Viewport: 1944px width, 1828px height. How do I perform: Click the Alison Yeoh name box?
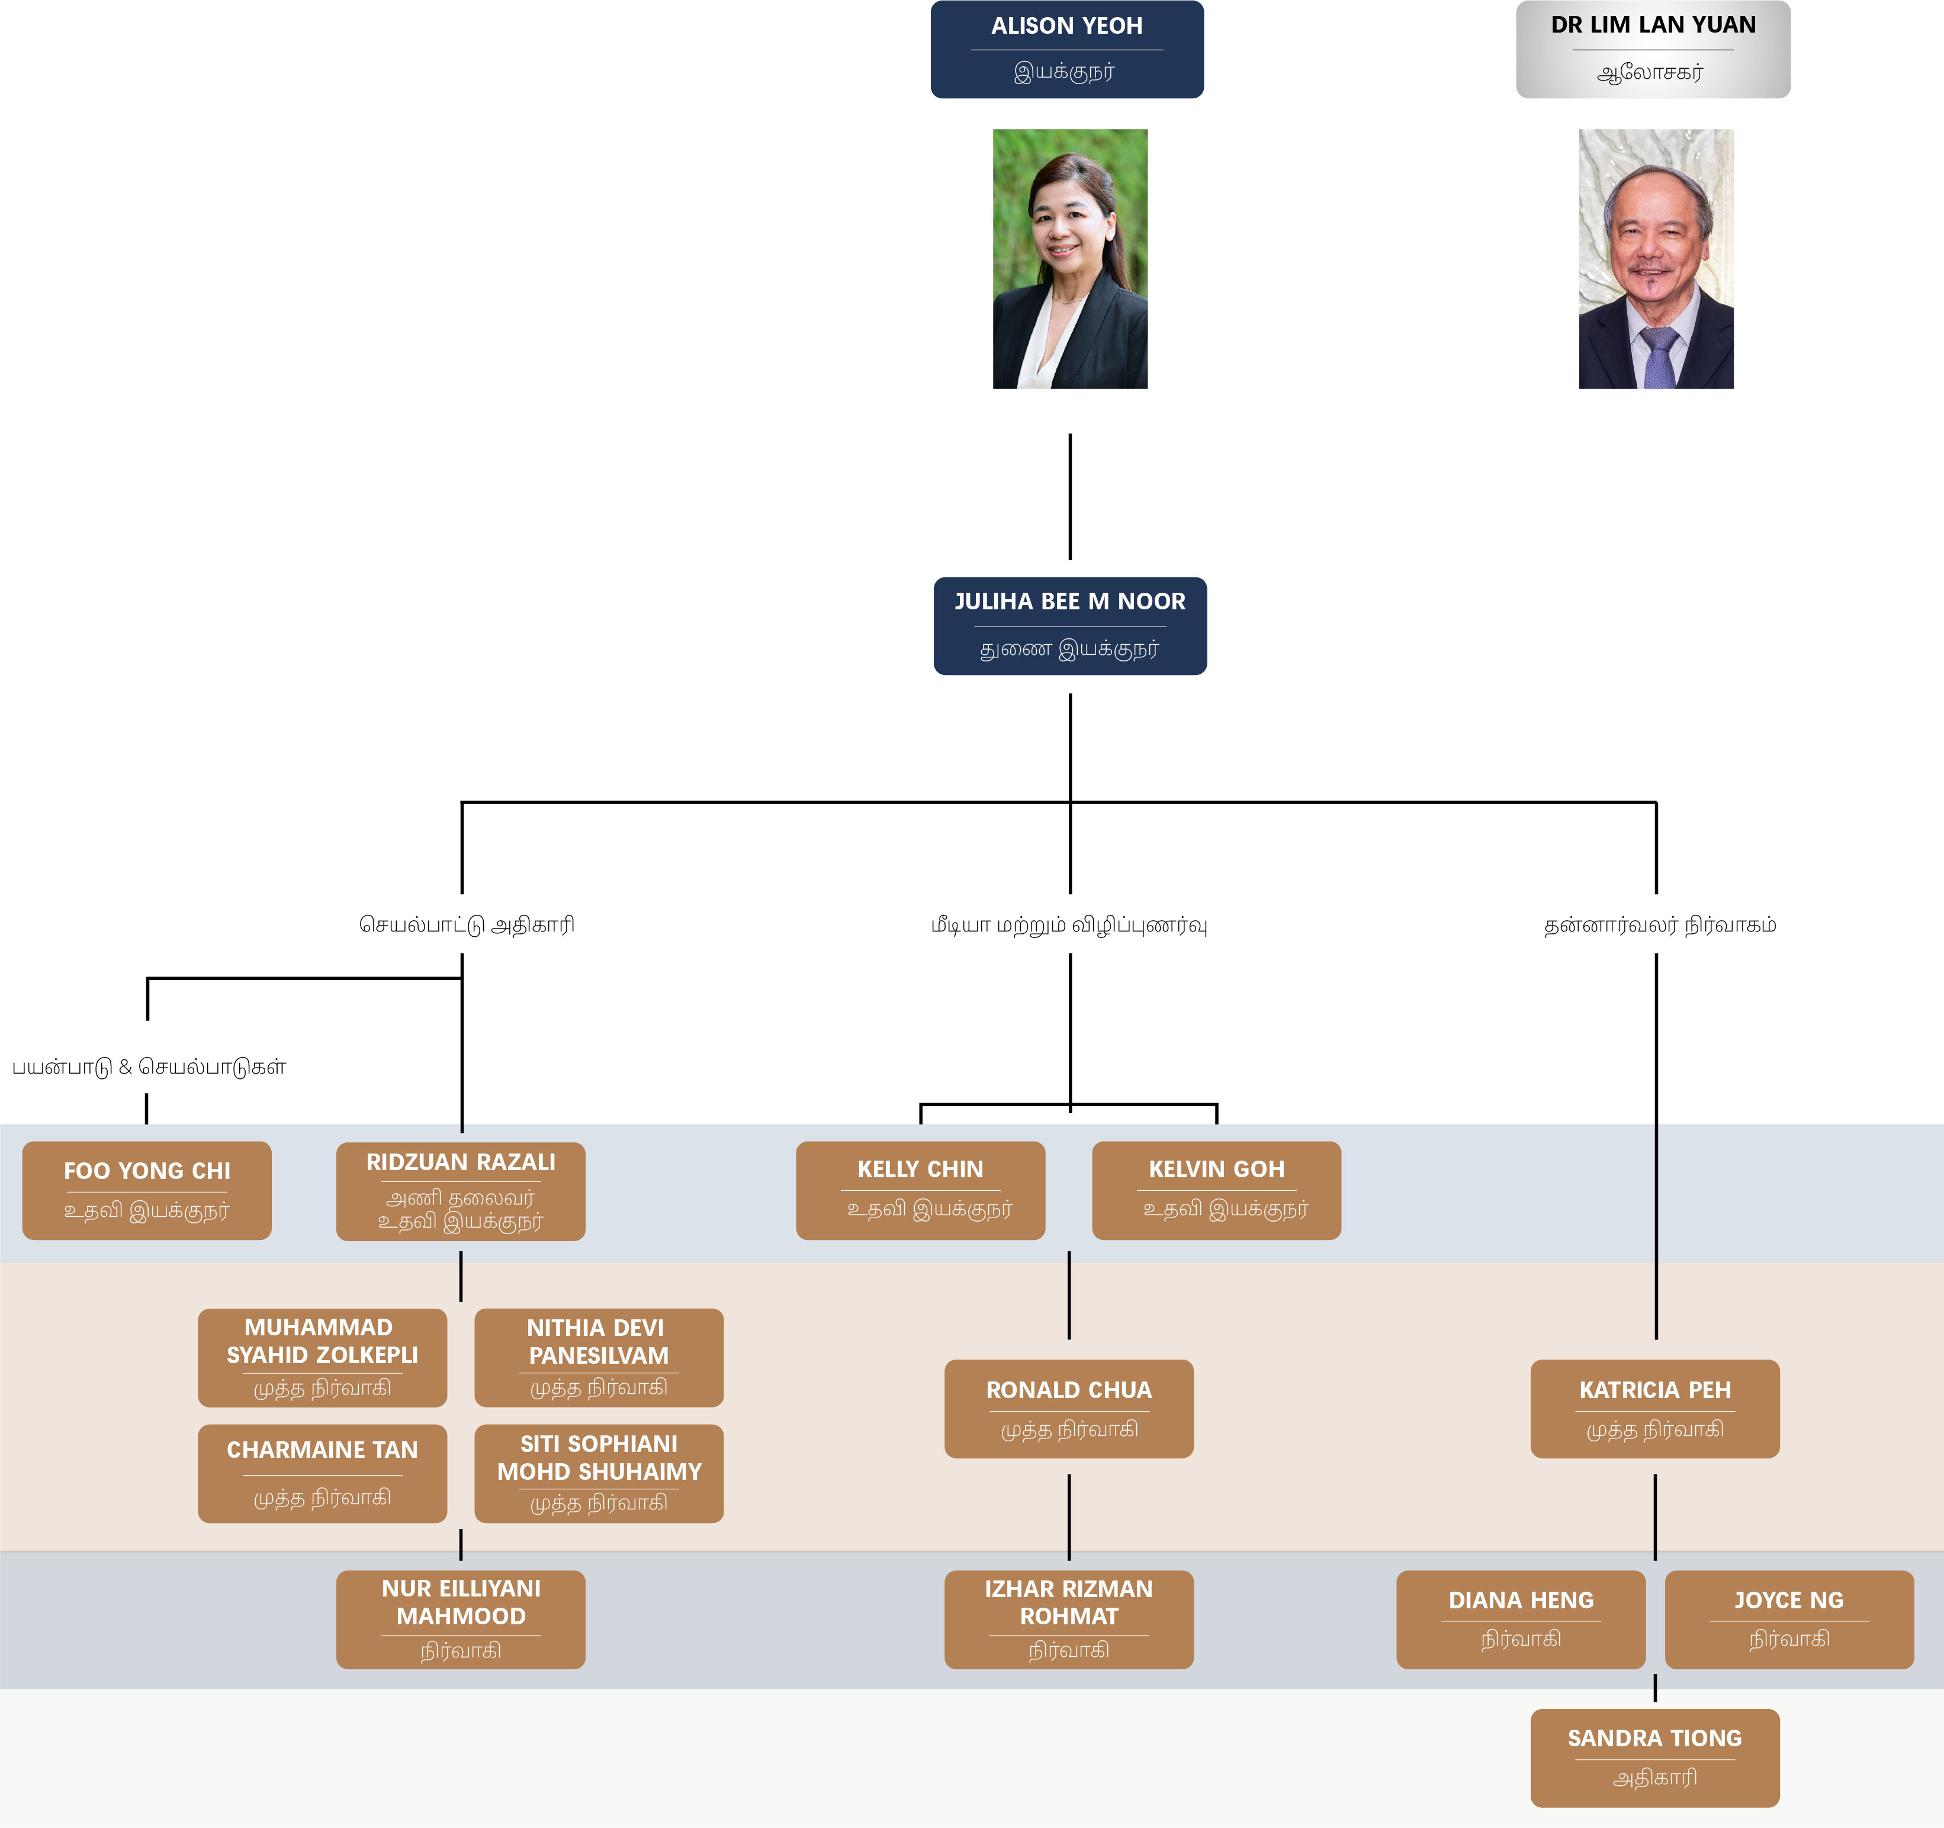(1067, 49)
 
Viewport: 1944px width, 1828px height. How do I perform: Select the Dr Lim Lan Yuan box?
(1653, 49)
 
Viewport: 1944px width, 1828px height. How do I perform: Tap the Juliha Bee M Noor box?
(1070, 626)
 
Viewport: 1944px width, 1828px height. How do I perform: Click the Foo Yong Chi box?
(147, 1190)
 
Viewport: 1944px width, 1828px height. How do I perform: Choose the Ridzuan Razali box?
(461, 1191)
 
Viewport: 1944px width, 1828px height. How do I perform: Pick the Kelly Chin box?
(920, 1190)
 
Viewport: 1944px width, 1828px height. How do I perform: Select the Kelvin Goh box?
(1216, 1190)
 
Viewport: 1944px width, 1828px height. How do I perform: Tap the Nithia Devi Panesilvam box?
(599, 1358)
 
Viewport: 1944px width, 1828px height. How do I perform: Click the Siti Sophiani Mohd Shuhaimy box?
(599, 1473)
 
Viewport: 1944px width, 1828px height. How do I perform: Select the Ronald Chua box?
(1069, 1408)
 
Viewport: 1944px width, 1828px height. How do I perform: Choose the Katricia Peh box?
(1654, 1408)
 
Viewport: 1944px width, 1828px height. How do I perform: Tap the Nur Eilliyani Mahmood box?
(461, 1620)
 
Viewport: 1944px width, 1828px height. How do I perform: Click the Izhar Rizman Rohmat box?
(1069, 1620)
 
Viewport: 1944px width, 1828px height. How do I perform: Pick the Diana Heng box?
(1521, 1620)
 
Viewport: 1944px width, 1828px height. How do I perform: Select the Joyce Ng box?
(1788, 1620)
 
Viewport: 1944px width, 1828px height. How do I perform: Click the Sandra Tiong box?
(1654, 1758)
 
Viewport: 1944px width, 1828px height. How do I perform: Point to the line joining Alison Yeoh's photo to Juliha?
(1070, 497)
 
